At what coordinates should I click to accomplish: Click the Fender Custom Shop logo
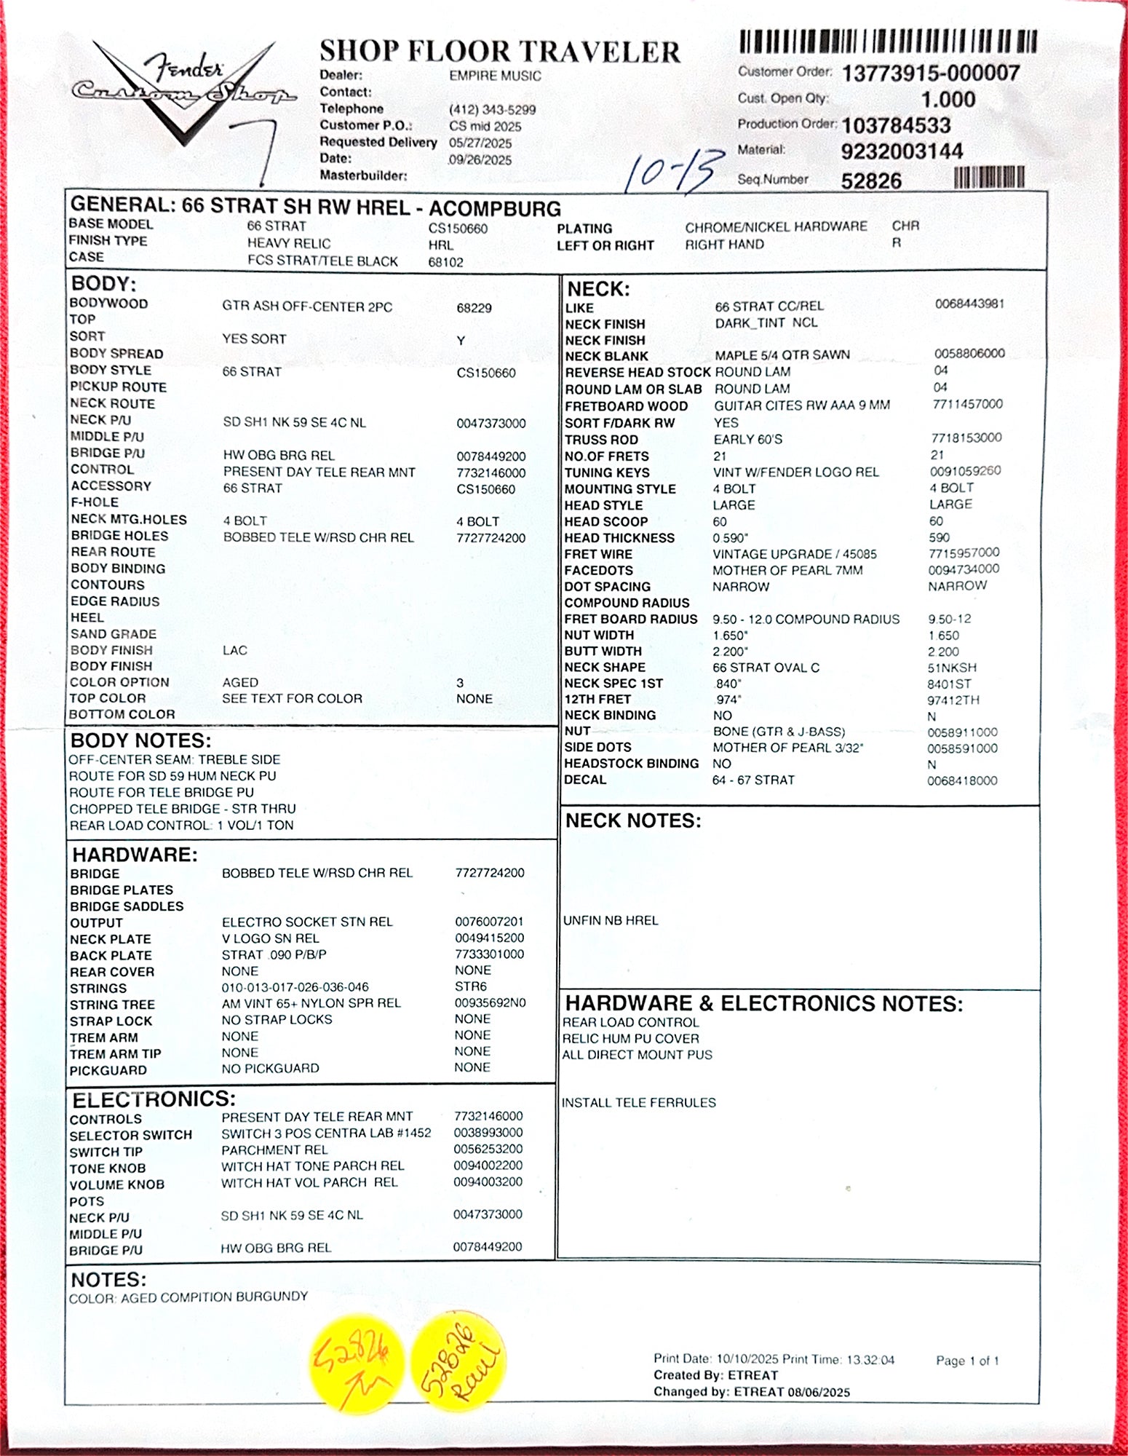pos(182,91)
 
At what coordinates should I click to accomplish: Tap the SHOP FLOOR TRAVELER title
pos(500,51)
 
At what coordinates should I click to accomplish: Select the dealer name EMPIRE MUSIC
pos(495,76)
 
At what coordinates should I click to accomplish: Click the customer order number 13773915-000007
pos(931,73)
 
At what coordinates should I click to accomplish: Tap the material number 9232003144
pos(902,151)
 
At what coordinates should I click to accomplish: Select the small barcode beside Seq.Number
pos(989,177)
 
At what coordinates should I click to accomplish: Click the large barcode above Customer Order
pos(888,41)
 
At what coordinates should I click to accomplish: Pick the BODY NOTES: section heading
pos(140,740)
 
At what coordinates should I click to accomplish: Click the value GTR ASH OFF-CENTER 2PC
pos(307,306)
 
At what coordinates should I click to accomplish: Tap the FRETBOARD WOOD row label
pos(626,406)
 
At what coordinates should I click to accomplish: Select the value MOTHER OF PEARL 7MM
pos(787,570)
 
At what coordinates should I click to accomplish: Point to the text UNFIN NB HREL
pos(611,920)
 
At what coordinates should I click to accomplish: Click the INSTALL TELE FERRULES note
pos(638,1102)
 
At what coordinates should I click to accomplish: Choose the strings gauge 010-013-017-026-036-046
pos(295,987)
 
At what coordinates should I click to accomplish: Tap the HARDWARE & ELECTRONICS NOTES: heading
pos(763,1003)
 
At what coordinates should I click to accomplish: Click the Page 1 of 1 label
pos(967,1360)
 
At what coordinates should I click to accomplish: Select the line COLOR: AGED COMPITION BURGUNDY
pos(188,1297)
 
